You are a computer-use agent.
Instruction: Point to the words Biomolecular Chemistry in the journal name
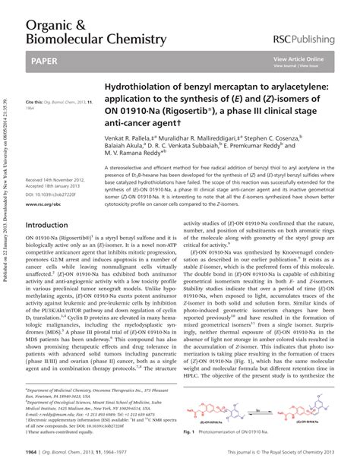point(96,38)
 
